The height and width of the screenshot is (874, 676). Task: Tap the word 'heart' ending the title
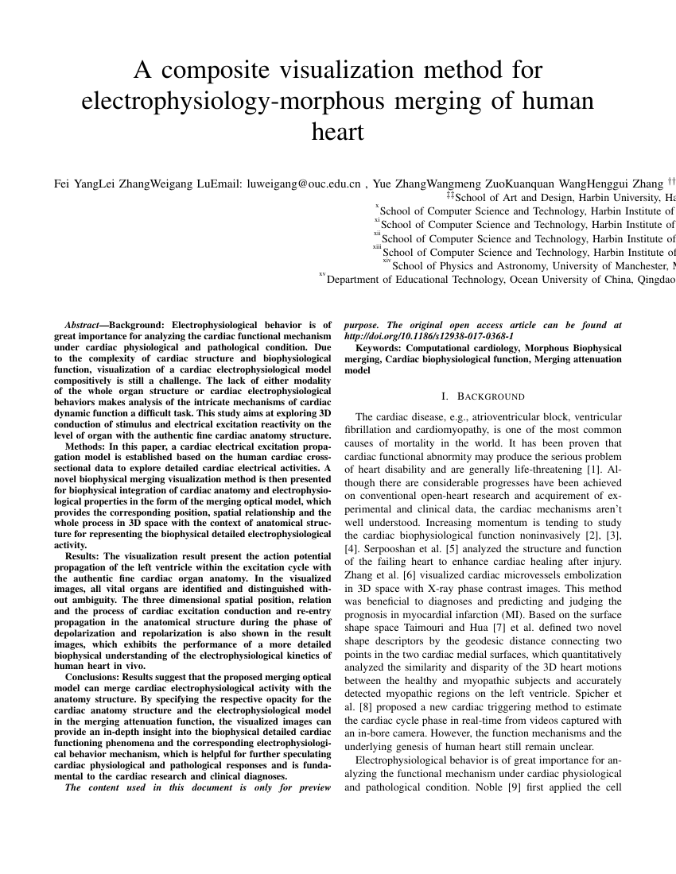[338, 131]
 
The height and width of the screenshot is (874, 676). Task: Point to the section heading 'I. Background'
[483, 396]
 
